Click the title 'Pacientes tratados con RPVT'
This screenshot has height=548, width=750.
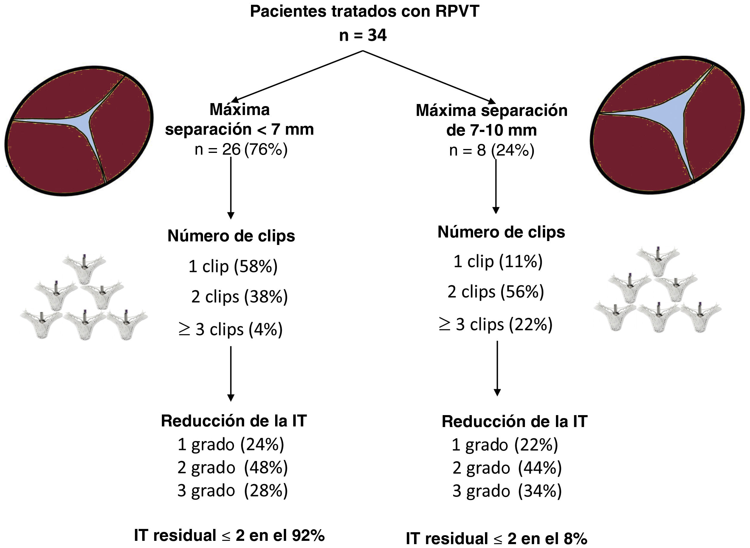[x=364, y=11]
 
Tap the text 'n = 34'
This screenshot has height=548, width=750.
[x=363, y=35]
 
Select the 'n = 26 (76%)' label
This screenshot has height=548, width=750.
[x=241, y=149]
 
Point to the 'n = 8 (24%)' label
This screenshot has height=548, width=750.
[x=492, y=150]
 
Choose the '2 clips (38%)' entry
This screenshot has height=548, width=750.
[x=239, y=296]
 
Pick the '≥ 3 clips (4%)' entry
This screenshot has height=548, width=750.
[x=230, y=329]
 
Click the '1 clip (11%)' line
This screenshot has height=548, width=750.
[x=498, y=261]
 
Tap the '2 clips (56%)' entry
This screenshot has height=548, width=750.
[x=496, y=291]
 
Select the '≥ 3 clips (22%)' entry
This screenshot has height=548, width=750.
[x=495, y=324]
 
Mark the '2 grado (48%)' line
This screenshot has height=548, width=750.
[x=232, y=467]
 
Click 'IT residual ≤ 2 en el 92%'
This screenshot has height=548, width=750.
[x=229, y=535]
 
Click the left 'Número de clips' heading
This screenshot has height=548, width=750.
[x=231, y=236]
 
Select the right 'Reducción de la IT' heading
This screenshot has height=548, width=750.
[x=515, y=422]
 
